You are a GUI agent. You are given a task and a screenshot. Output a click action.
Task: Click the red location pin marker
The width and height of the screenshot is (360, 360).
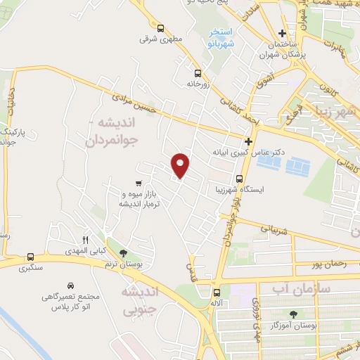pos(181,165)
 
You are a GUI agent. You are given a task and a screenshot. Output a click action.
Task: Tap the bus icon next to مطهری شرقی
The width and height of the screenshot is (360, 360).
pos(160,29)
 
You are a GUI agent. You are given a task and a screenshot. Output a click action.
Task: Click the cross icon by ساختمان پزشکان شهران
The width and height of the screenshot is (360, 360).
pos(282,33)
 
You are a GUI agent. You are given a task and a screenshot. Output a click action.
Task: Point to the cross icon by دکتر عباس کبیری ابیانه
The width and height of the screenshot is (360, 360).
pos(247,141)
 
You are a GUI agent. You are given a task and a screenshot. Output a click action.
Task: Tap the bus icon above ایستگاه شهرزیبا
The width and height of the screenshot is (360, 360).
pos(239,179)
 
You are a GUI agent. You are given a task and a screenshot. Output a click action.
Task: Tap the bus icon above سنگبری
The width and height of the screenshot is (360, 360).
pos(30,257)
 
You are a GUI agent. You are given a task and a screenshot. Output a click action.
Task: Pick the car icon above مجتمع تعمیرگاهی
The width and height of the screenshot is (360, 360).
pos(71,285)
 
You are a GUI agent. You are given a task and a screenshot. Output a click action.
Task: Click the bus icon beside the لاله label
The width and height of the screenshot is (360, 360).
pos(216,291)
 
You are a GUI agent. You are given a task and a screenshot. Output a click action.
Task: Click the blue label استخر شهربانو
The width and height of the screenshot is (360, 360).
pos(221,37)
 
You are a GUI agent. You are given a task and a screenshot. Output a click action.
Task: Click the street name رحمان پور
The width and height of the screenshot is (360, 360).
pos(323,264)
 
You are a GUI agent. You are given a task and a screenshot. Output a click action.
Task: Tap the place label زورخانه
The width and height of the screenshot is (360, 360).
pos(200,83)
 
